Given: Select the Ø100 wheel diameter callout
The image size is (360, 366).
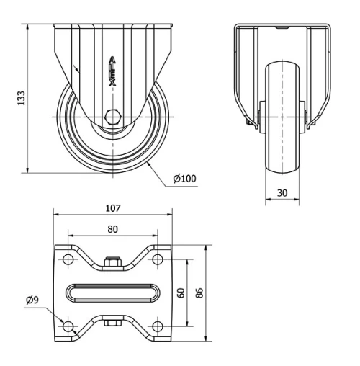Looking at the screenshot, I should (x=184, y=178).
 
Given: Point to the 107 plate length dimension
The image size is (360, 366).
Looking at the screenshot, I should (x=112, y=208).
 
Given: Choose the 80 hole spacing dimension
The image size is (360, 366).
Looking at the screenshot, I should (x=112, y=230).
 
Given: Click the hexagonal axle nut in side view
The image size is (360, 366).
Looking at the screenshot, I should (x=112, y=116).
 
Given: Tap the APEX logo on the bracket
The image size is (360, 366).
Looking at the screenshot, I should (x=112, y=72).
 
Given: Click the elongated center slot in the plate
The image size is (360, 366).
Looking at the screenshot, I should (x=112, y=293).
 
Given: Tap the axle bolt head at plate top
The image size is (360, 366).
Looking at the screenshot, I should (x=112, y=263).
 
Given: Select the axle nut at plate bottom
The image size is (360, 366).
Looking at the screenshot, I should (x=112, y=323).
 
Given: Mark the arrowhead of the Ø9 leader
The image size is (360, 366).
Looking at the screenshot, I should (x=63, y=321).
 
